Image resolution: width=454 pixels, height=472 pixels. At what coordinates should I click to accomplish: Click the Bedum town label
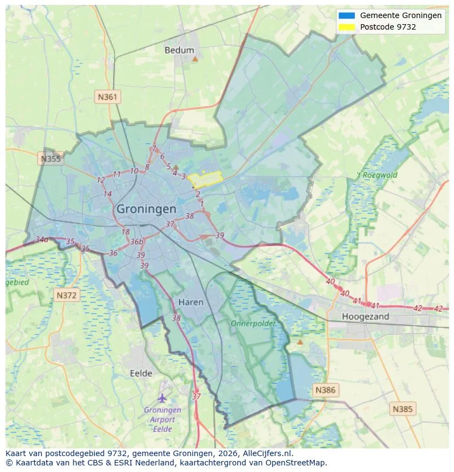tap(179, 50)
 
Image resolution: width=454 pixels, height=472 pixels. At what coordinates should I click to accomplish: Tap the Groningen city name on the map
tap(146, 209)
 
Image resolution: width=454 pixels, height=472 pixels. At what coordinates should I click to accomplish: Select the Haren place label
tap(191, 302)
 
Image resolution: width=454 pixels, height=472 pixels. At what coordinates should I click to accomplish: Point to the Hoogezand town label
tap(365, 316)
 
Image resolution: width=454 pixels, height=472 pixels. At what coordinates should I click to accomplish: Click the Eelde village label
tap(141, 373)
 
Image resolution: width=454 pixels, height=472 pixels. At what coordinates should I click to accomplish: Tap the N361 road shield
tap(107, 97)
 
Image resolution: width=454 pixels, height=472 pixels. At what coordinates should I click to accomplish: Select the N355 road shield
tap(51, 159)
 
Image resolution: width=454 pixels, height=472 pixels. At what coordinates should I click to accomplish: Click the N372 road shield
tap(67, 295)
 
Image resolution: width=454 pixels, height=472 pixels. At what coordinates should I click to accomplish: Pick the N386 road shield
tap(326, 390)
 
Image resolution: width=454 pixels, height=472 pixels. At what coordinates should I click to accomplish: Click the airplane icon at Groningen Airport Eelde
tap(162, 397)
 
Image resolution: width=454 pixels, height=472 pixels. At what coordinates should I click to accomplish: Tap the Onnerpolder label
tap(253, 323)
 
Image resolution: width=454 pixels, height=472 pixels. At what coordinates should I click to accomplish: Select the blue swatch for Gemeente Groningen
tap(348, 15)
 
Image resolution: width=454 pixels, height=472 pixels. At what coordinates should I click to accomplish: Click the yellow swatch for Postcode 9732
tap(348, 27)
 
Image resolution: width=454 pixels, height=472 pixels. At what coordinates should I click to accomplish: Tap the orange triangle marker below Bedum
tap(195, 58)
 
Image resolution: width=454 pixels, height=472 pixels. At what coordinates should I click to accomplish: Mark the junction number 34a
tap(42, 240)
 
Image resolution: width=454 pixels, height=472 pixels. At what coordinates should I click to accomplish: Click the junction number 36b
tap(137, 242)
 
